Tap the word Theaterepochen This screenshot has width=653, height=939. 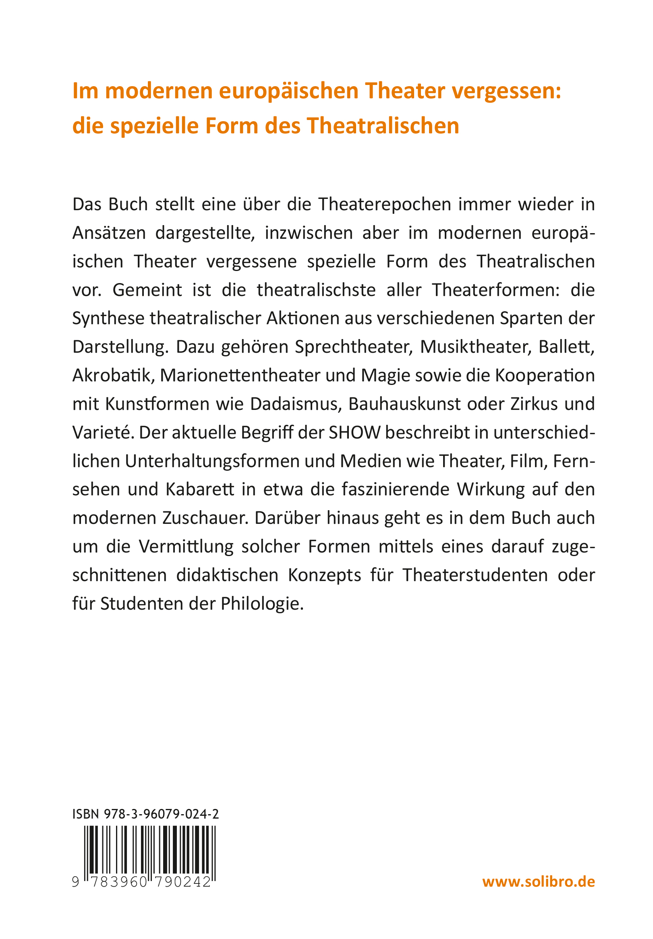click(x=384, y=205)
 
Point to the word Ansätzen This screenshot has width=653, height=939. click(x=109, y=233)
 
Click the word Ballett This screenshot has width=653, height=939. click(x=566, y=347)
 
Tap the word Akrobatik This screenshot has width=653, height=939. click(x=112, y=375)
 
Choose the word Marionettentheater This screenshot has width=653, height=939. click(x=240, y=375)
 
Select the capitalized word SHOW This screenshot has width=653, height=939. click(x=355, y=433)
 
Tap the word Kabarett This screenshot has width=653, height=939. click(x=200, y=490)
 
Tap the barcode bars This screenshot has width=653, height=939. click(x=150, y=849)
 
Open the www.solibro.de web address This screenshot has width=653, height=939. click(x=539, y=881)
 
